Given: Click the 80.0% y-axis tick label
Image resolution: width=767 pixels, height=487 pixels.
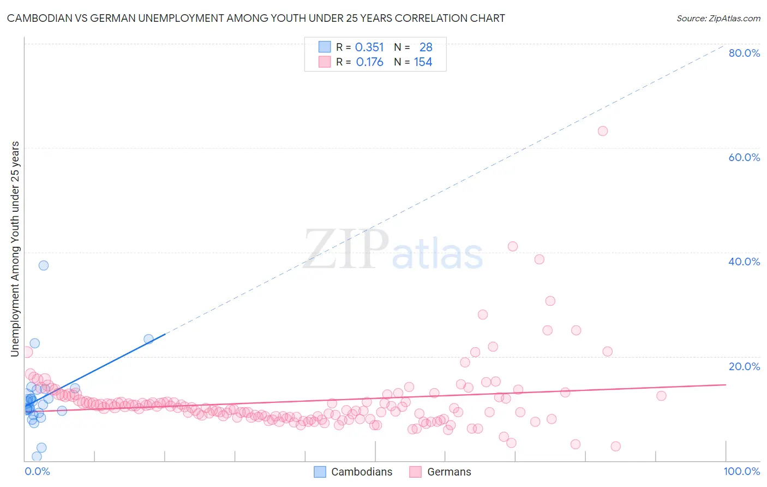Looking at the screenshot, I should [744, 53].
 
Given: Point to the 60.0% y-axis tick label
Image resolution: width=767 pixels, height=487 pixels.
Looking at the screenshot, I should [744, 157].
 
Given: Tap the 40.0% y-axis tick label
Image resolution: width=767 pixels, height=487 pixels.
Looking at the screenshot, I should [744, 262].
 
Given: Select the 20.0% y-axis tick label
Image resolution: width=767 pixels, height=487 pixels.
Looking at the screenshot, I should [744, 366].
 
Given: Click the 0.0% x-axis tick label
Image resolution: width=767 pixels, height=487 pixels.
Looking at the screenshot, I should [37, 471].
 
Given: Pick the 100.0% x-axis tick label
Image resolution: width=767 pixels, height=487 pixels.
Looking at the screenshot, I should [741, 471].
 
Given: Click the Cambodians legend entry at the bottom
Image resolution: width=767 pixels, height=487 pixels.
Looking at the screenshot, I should [353, 472].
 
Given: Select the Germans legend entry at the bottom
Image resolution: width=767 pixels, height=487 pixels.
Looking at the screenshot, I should [441, 472].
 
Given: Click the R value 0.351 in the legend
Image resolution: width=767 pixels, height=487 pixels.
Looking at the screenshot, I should [369, 47].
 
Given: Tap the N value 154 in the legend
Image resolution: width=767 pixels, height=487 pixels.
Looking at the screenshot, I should [423, 62].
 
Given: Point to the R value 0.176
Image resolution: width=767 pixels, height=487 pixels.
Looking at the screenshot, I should [369, 62].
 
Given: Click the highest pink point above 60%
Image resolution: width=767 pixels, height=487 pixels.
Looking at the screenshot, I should [602, 131].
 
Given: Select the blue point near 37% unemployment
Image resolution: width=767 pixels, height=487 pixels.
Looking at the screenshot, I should [44, 265].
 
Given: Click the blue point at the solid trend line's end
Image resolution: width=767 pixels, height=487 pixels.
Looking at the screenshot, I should [148, 339].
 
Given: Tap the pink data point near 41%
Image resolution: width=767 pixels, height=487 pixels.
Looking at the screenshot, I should [512, 246].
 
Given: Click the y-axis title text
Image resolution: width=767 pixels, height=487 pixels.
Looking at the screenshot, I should [15, 249].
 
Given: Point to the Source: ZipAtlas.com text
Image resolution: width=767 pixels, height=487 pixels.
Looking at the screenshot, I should [718, 18].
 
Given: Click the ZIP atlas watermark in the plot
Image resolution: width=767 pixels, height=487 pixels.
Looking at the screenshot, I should [393, 250].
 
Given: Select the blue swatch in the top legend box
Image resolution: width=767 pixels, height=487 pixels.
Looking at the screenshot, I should [325, 47].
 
